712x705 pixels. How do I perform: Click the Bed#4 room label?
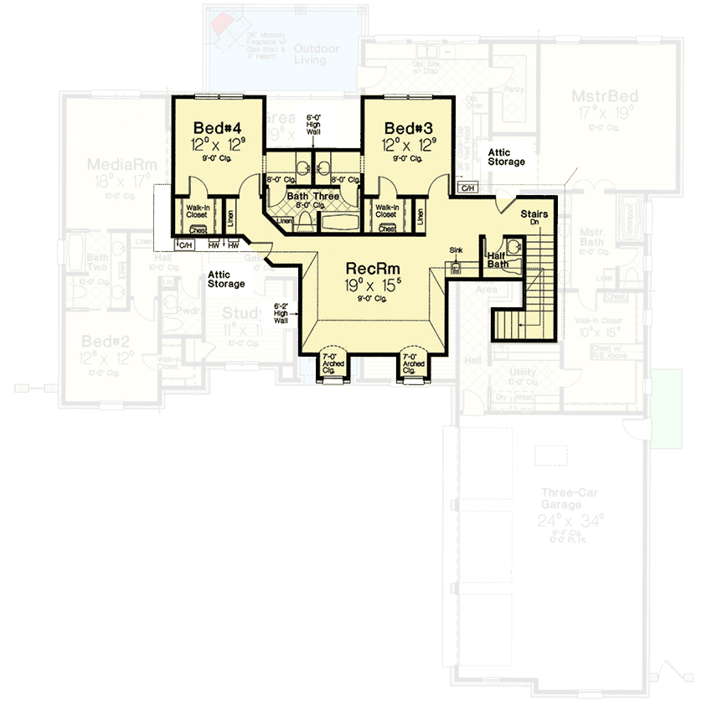pyautogui.click(x=217, y=128)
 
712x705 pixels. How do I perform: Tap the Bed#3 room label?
pyautogui.click(x=409, y=128)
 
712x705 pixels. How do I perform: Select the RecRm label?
pyautogui.click(x=372, y=269)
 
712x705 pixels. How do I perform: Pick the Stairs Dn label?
pyautogui.click(x=534, y=218)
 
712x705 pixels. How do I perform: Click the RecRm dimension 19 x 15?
pyautogui.click(x=372, y=285)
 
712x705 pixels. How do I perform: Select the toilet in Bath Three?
pyautogui.click(x=306, y=221)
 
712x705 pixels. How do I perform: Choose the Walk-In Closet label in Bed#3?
pyautogui.click(x=385, y=210)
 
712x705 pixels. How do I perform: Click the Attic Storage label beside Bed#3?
pyautogui.click(x=506, y=157)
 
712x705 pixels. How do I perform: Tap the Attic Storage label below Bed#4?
pyautogui.click(x=226, y=280)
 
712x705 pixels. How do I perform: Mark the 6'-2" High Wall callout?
pyautogui.click(x=281, y=312)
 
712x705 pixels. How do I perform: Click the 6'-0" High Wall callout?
pyautogui.click(x=314, y=125)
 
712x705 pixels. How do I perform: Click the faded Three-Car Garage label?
pyautogui.click(x=561, y=500)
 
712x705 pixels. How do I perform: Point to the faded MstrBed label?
pyautogui.click(x=605, y=96)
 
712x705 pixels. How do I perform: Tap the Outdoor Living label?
pyautogui.click(x=316, y=54)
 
